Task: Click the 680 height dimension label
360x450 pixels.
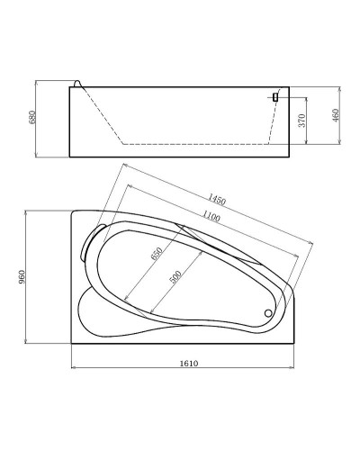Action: tap(32, 117)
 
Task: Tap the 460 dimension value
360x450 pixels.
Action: tap(336, 115)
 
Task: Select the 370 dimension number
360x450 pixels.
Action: tap(302, 121)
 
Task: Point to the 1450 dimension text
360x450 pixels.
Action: tap(217, 199)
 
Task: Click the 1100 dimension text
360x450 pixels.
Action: tap(211, 216)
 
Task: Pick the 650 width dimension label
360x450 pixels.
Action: tap(157, 254)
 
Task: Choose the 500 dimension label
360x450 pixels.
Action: tap(175, 277)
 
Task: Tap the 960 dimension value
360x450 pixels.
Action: tap(22, 277)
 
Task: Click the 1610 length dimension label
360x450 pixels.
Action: tap(189, 364)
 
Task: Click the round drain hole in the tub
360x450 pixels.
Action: tap(268, 313)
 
